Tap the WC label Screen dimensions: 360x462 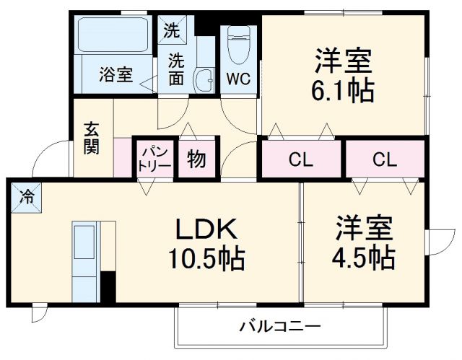(x=238, y=79)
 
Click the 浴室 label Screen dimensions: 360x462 (x=115, y=74)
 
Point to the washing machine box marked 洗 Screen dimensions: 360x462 (x=171, y=31)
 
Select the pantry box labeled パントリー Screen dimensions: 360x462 (x=154, y=159)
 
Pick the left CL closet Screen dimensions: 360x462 (x=300, y=160)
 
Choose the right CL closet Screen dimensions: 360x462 (x=385, y=160)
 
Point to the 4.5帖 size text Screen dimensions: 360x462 (x=363, y=256)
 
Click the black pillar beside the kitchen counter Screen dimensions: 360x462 (x=108, y=286)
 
